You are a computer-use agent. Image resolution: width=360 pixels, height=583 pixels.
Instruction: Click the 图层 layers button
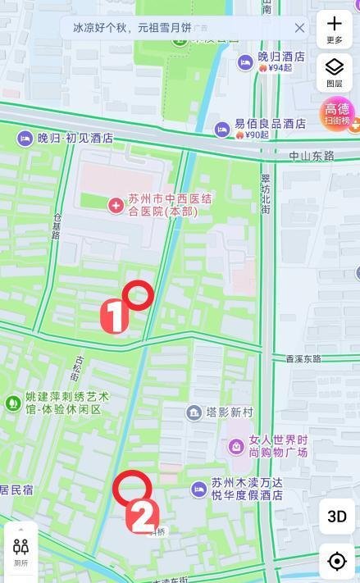(335, 72)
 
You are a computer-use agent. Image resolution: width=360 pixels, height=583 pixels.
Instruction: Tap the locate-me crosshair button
(336, 561)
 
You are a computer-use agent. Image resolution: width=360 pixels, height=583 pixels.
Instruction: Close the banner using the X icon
(299, 28)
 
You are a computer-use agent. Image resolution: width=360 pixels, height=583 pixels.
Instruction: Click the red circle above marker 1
(138, 294)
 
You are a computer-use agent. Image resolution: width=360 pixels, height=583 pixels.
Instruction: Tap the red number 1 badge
(114, 317)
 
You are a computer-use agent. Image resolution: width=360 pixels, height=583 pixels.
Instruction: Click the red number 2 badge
(143, 517)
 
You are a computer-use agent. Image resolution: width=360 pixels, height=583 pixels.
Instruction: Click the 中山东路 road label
(312, 155)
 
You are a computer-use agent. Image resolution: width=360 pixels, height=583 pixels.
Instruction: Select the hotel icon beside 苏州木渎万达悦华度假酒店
(199, 490)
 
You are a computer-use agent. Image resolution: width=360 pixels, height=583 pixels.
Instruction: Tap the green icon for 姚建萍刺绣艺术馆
(12, 403)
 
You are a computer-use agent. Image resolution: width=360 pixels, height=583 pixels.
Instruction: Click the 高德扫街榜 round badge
(337, 114)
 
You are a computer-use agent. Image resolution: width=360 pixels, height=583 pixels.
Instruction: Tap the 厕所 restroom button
(21, 552)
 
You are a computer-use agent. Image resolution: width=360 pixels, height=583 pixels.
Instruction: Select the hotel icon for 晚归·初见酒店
(25, 139)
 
